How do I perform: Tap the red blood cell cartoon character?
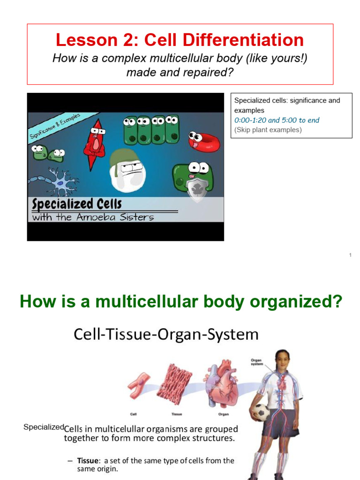[x=204, y=141]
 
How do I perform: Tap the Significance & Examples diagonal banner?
[x=55, y=126]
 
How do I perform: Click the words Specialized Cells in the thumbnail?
[x=77, y=204]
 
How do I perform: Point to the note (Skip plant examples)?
[x=268, y=130]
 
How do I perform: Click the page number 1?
[x=350, y=255]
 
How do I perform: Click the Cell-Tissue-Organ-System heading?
[x=166, y=334]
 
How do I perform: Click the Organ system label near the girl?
[x=257, y=362]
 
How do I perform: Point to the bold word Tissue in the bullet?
[x=87, y=460]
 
